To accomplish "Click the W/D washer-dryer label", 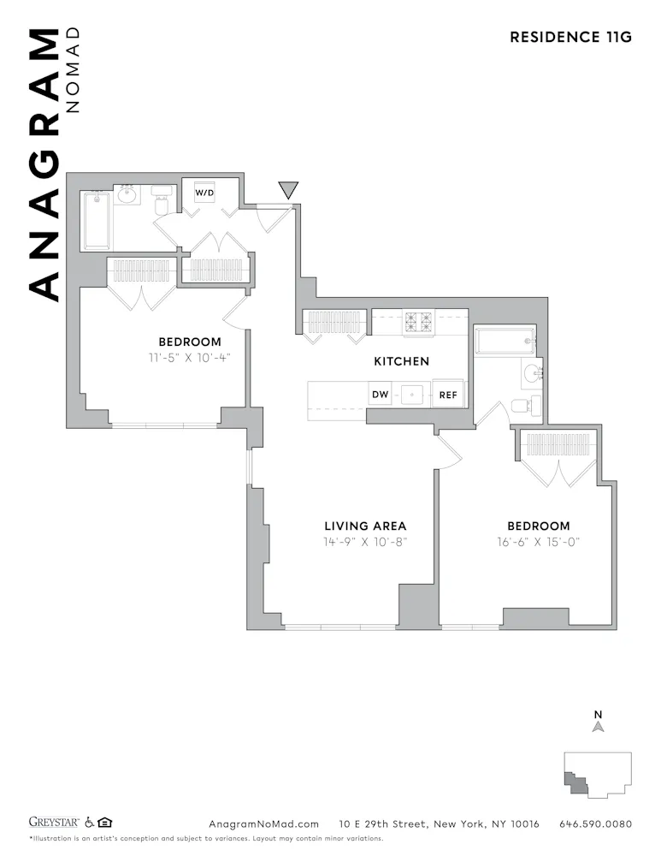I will (204, 193).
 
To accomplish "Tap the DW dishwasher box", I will (380, 395).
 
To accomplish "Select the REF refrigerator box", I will (448, 395).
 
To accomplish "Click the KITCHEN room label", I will (401, 361).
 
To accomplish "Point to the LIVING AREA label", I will (365, 526).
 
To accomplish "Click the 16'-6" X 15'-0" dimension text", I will (538, 542).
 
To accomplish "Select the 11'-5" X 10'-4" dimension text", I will (189, 358).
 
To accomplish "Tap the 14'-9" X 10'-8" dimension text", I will (365, 542).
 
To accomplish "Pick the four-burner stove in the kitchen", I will (419, 321).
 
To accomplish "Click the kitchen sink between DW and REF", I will (414, 395).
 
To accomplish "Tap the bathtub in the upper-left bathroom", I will (95, 220).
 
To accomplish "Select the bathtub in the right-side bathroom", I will (505, 341).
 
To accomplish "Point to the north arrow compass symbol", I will (599, 726).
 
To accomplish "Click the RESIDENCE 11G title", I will (570, 37).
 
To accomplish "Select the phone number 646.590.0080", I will (595, 824).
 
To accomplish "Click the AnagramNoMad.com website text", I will (263, 824).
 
